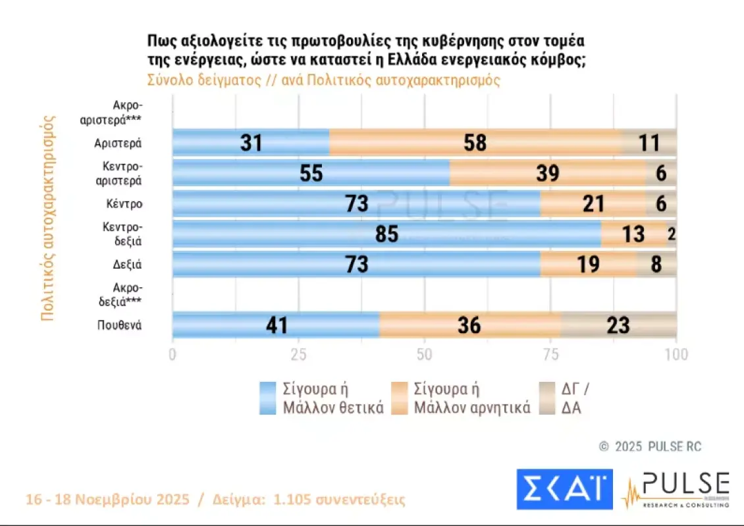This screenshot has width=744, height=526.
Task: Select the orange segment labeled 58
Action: tap(474, 142)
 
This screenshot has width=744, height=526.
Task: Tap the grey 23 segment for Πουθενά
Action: tap(618, 325)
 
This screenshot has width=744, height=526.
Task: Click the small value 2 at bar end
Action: tap(672, 234)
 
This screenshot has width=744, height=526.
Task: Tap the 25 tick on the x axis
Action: tap(299, 355)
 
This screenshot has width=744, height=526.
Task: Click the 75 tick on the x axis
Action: tap(550, 355)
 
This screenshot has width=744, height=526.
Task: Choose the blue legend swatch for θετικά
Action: tap(267, 398)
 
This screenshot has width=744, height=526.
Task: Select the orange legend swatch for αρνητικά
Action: tap(399, 398)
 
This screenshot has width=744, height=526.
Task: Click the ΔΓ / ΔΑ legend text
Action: tap(570, 398)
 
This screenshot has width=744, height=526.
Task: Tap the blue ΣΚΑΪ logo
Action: tap(564, 489)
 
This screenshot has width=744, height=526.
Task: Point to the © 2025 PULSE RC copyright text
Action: tap(651, 447)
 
